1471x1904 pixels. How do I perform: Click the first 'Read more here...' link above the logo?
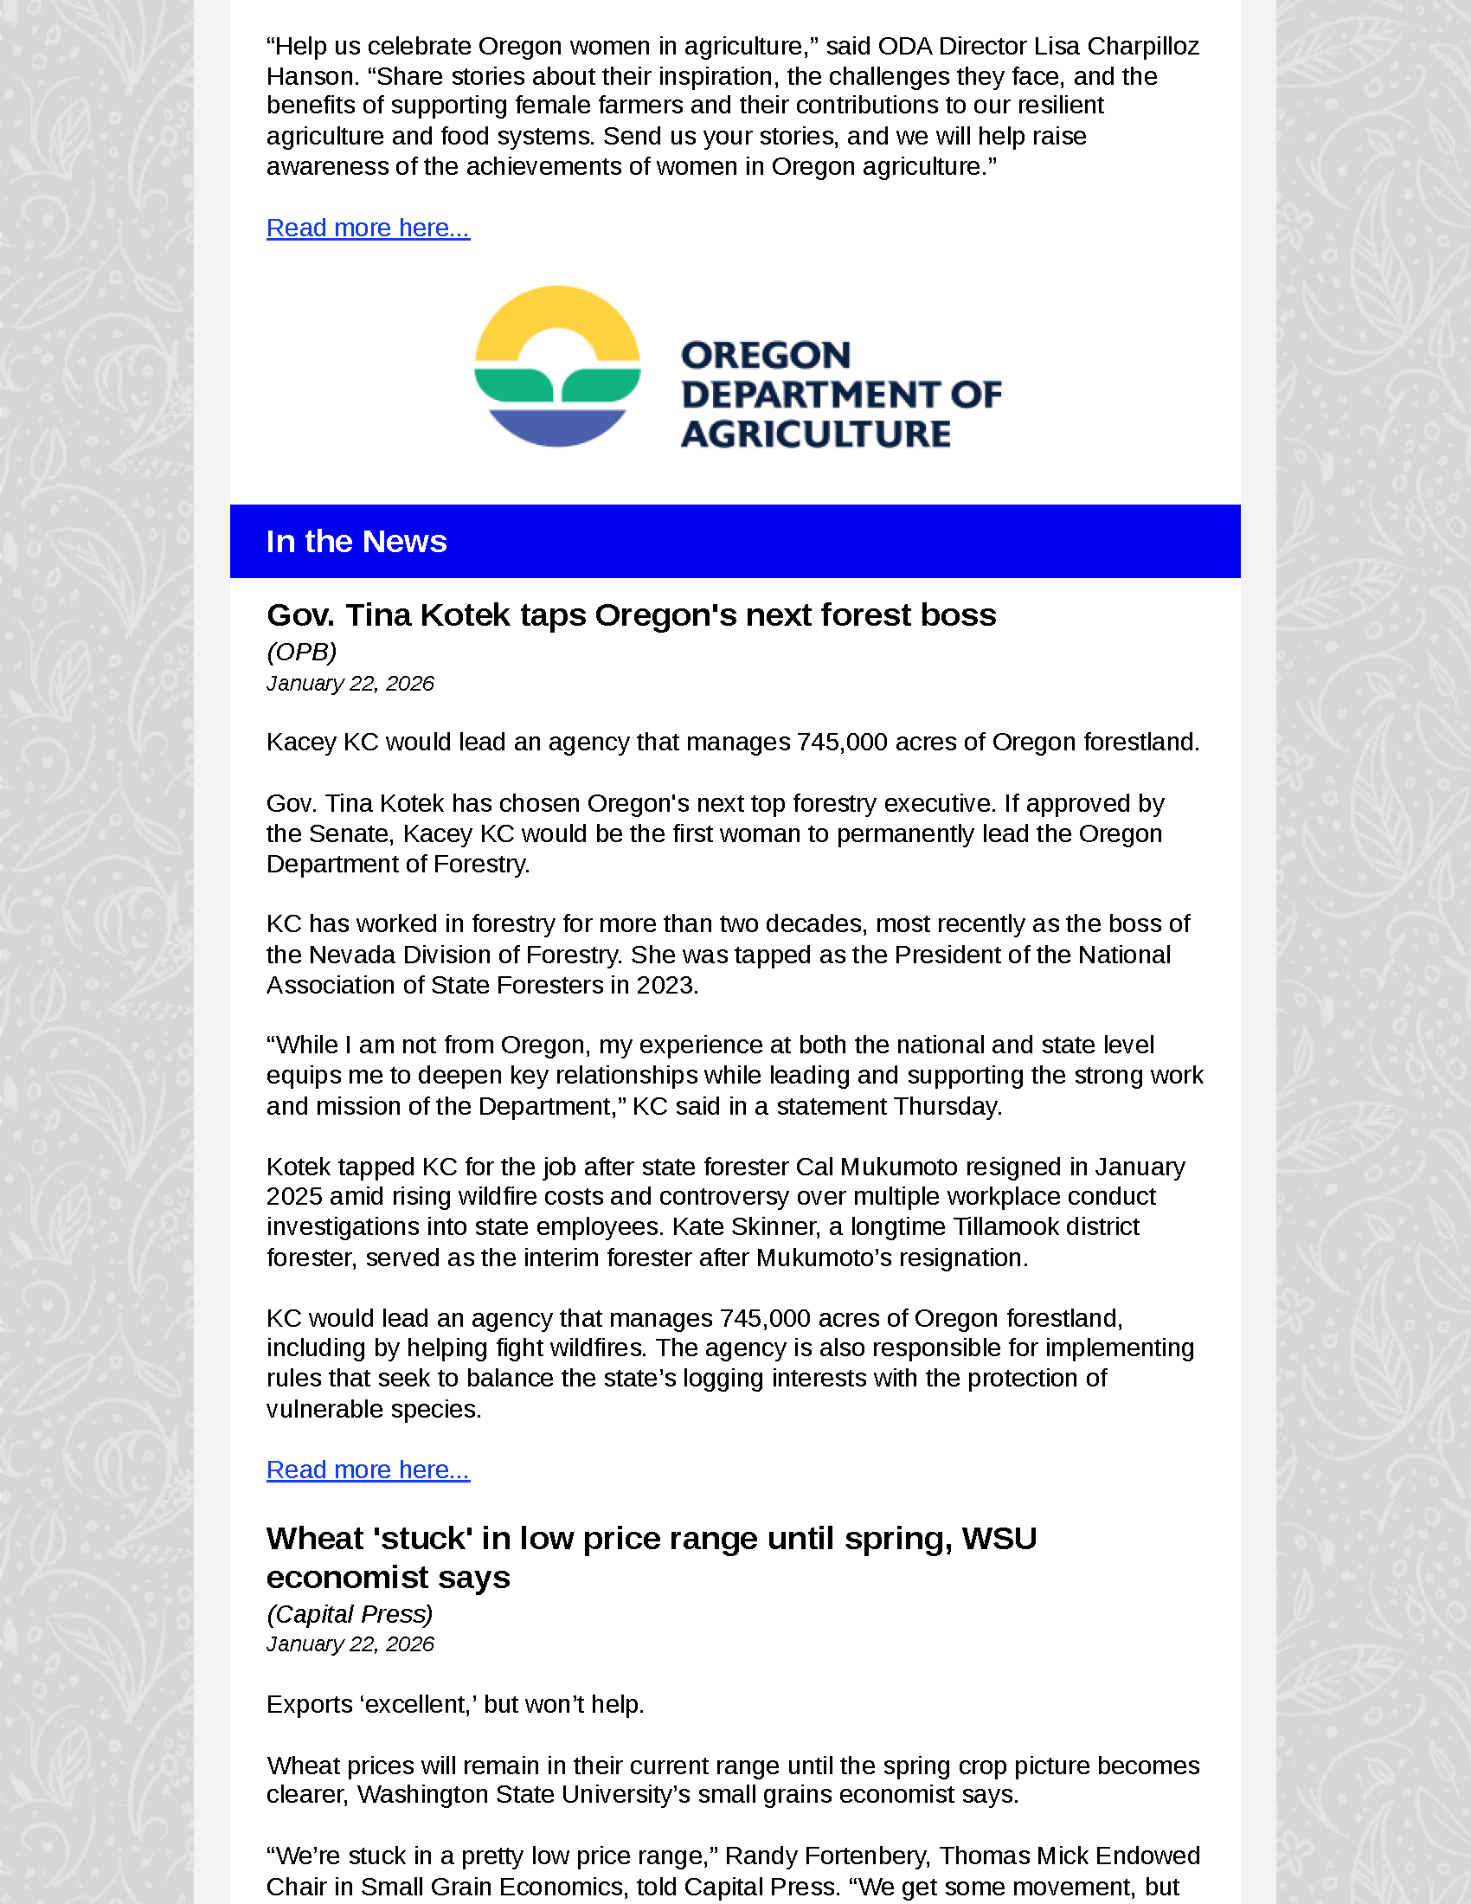point(368,228)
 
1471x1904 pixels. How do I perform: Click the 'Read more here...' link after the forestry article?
point(368,1470)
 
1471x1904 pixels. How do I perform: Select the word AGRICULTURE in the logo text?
point(815,434)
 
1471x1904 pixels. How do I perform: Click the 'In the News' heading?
point(357,542)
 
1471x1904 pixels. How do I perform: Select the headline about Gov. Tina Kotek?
point(631,615)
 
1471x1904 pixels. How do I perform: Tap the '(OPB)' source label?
point(301,652)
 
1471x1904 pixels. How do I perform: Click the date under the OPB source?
point(350,684)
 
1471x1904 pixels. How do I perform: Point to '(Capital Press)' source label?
point(350,1615)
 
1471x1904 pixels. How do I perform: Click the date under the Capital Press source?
point(350,1644)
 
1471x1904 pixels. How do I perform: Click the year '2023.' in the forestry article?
point(666,985)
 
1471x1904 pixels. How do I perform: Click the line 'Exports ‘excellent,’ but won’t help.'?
point(455,1704)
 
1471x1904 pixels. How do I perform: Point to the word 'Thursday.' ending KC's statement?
point(947,1106)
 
